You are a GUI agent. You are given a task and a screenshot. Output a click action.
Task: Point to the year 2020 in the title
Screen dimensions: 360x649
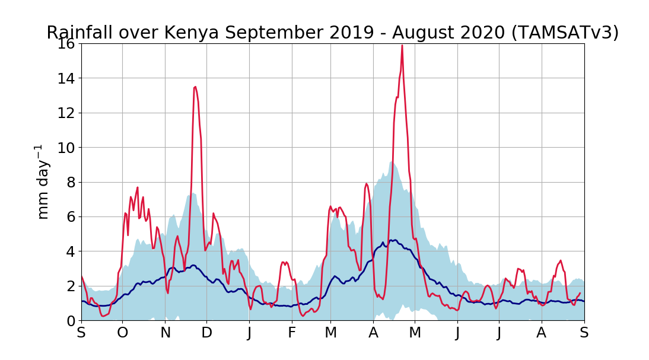tap(473, 33)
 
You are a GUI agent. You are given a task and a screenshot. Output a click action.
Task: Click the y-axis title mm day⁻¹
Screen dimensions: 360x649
tap(43, 181)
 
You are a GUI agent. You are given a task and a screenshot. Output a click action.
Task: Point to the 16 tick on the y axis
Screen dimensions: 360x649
tap(66, 44)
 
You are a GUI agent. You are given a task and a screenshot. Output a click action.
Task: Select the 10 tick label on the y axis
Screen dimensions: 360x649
tap(66, 148)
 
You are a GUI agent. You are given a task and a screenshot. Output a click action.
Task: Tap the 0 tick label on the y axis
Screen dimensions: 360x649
tap(70, 321)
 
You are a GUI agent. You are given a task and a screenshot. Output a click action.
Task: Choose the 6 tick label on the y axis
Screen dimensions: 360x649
tap(70, 217)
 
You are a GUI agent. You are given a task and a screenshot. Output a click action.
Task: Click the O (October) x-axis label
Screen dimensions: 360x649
tap(123, 333)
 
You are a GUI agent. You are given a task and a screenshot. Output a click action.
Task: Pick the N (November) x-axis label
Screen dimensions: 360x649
tap(166, 333)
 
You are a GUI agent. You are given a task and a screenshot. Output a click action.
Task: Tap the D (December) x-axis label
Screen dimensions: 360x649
tap(206, 333)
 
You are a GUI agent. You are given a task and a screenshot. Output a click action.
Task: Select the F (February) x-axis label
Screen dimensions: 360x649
tap(292, 333)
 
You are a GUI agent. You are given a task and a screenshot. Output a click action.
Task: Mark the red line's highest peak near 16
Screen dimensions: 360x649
tap(402, 46)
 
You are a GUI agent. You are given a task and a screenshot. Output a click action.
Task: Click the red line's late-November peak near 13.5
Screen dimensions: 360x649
tap(195, 87)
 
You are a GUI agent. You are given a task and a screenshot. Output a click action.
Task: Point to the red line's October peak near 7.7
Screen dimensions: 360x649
tap(137, 187)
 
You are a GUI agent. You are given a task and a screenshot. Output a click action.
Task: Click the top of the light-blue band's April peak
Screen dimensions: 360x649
tap(392, 161)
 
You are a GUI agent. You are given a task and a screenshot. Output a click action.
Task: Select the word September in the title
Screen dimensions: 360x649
tap(256, 33)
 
